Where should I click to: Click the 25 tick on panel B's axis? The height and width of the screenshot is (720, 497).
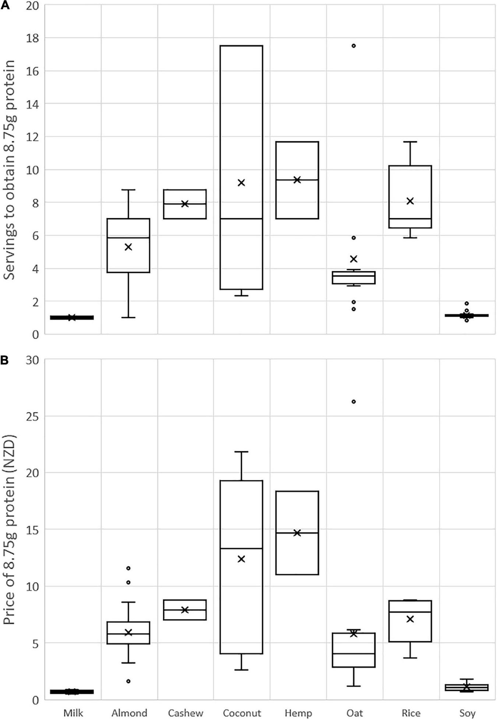pyautogui.click(x=32, y=416)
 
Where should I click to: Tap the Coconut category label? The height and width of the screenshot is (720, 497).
pyautogui.click(x=242, y=713)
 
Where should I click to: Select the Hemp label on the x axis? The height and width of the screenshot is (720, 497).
pyautogui.click(x=298, y=713)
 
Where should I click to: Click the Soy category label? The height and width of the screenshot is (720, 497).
pyautogui.click(x=467, y=713)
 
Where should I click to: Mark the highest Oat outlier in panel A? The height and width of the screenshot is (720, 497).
pyautogui.click(x=353, y=46)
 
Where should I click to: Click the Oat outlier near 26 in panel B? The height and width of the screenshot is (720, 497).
pyautogui.click(x=353, y=402)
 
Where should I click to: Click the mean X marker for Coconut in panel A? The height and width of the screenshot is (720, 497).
pyautogui.click(x=241, y=183)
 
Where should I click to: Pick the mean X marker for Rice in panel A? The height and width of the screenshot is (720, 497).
pyautogui.click(x=410, y=201)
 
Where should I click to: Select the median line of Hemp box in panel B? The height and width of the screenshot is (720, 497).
pyautogui.click(x=297, y=533)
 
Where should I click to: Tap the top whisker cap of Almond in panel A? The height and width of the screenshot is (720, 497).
pyautogui.click(x=128, y=190)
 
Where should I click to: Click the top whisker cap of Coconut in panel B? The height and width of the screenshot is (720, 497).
pyautogui.click(x=241, y=452)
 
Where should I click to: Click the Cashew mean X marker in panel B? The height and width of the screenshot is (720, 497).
pyautogui.click(x=185, y=610)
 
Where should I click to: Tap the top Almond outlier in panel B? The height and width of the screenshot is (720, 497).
pyautogui.click(x=128, y=568)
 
